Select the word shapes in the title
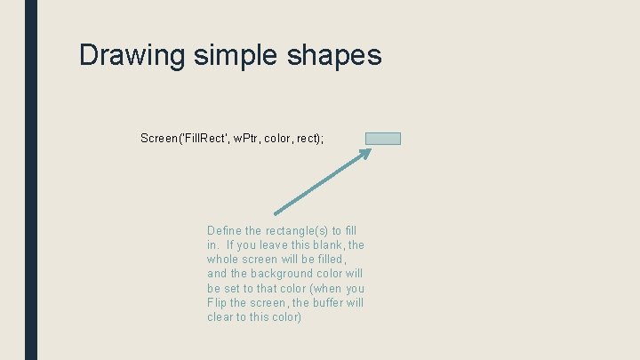click(x=334, y=55)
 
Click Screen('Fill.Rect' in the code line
click(x=184, y=138)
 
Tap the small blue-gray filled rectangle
click(x=383, y=139)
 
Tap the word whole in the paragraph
click(x=224, y=260)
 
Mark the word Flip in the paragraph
click(x=217, y=303)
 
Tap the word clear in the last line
click(x=221, y=317)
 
